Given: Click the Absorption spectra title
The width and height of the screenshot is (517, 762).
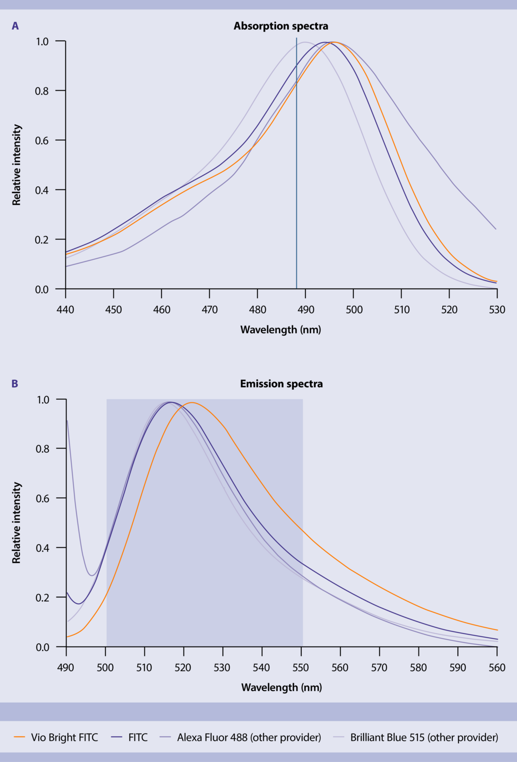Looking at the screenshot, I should coord(281,26).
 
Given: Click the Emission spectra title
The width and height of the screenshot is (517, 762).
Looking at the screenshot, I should coord(281,384).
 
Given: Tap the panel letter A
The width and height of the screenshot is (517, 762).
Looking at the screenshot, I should coord(15,26).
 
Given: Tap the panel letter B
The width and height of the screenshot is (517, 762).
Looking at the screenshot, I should coord(15,384).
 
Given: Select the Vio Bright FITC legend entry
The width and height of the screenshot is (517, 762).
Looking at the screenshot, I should coord(64,737).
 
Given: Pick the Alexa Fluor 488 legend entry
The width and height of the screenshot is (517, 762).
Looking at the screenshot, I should coord(249,737).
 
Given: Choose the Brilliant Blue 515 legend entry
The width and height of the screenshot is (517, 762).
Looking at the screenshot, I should coord(424,737).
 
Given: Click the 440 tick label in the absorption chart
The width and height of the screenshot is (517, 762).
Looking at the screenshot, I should coord(65,310).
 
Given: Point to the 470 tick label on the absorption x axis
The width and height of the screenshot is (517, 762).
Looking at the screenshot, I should coord(209,310).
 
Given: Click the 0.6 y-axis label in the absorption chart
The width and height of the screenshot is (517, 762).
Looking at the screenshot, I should coord(42,141).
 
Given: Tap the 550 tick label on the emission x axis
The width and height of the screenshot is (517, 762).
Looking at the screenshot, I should coord(301,668).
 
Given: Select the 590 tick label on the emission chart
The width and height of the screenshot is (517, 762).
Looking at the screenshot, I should coord(458,668).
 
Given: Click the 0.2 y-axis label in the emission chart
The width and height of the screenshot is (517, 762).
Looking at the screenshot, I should coord(42,598).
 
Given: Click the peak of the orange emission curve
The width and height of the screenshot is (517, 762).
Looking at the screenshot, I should coord(192,402).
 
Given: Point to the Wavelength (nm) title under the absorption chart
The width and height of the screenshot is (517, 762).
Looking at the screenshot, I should coord(281,330).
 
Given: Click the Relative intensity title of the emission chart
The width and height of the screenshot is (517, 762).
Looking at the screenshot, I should coord(16,523).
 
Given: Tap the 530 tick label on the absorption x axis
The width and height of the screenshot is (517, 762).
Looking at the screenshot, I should coord(497,310).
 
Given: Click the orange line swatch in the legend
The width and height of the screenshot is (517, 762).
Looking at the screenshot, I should coord(19,737).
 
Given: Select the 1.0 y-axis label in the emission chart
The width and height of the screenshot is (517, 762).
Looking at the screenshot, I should coord(43,400).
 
